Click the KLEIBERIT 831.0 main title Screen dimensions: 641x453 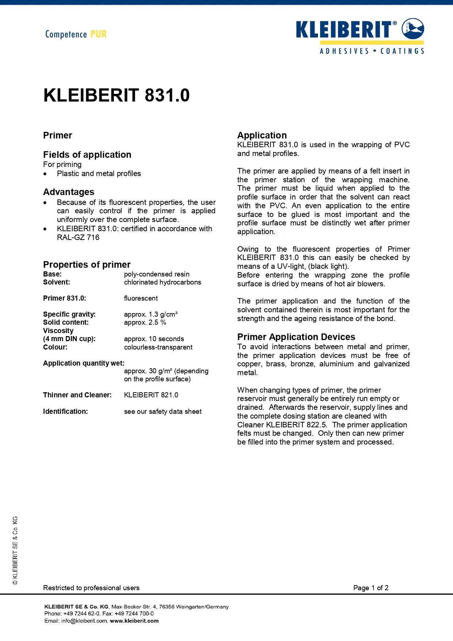point(116,95)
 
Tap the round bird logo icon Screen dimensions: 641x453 point(413,29)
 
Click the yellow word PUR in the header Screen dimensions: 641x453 point(99,34)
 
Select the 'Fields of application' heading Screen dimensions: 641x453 point(87,154)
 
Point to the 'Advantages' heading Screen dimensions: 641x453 point(69,192)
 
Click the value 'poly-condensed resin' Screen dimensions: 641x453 point(157,274)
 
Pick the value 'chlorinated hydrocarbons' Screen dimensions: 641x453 point(162,282)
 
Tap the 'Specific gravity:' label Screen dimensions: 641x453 point(69,314)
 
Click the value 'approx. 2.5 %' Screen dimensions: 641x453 point(145,322)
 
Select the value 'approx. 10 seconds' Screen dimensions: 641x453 point(154,339)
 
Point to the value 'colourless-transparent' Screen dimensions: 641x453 point(158,347)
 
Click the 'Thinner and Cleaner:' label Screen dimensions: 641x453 point(77,395)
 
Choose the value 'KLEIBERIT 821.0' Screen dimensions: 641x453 point(151,395)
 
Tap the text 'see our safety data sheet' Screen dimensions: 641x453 point(163,411)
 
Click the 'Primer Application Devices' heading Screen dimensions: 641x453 point(296,337)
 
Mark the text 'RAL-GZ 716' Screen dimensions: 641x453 point(78,237)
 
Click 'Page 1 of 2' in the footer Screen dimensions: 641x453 point(371,588)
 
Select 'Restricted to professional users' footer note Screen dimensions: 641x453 point(91,588)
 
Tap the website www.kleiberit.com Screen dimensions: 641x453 point(134,621)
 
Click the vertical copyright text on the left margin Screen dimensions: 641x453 point(15,550)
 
